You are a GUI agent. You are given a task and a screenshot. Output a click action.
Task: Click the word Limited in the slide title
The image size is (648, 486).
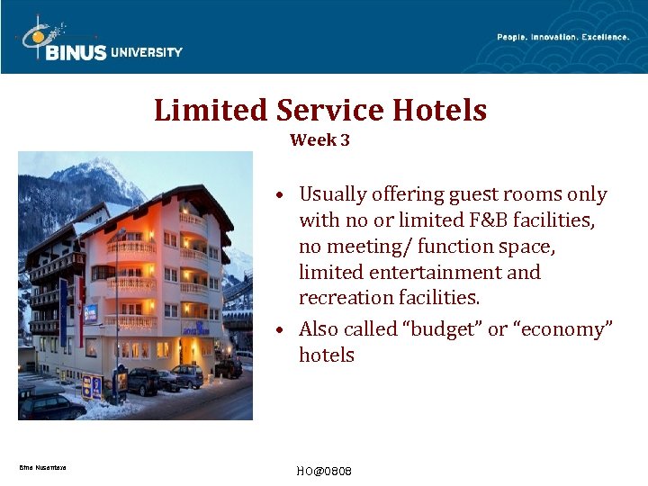coord(211,111)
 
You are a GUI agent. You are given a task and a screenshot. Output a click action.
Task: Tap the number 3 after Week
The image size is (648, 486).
coord(344,140)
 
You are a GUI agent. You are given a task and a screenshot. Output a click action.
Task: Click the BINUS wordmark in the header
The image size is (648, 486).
coord(76,53)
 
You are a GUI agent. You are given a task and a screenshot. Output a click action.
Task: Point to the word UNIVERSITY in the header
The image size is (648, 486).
coord(147,52)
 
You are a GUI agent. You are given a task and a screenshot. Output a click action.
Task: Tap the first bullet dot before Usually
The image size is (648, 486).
coord(282,195)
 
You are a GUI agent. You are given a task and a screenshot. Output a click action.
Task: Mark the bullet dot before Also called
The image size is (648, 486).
coord(282,330)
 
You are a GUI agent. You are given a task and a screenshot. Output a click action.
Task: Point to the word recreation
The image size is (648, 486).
coord(345,298)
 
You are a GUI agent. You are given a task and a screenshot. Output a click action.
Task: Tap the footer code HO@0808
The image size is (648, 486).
coord(323,472)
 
